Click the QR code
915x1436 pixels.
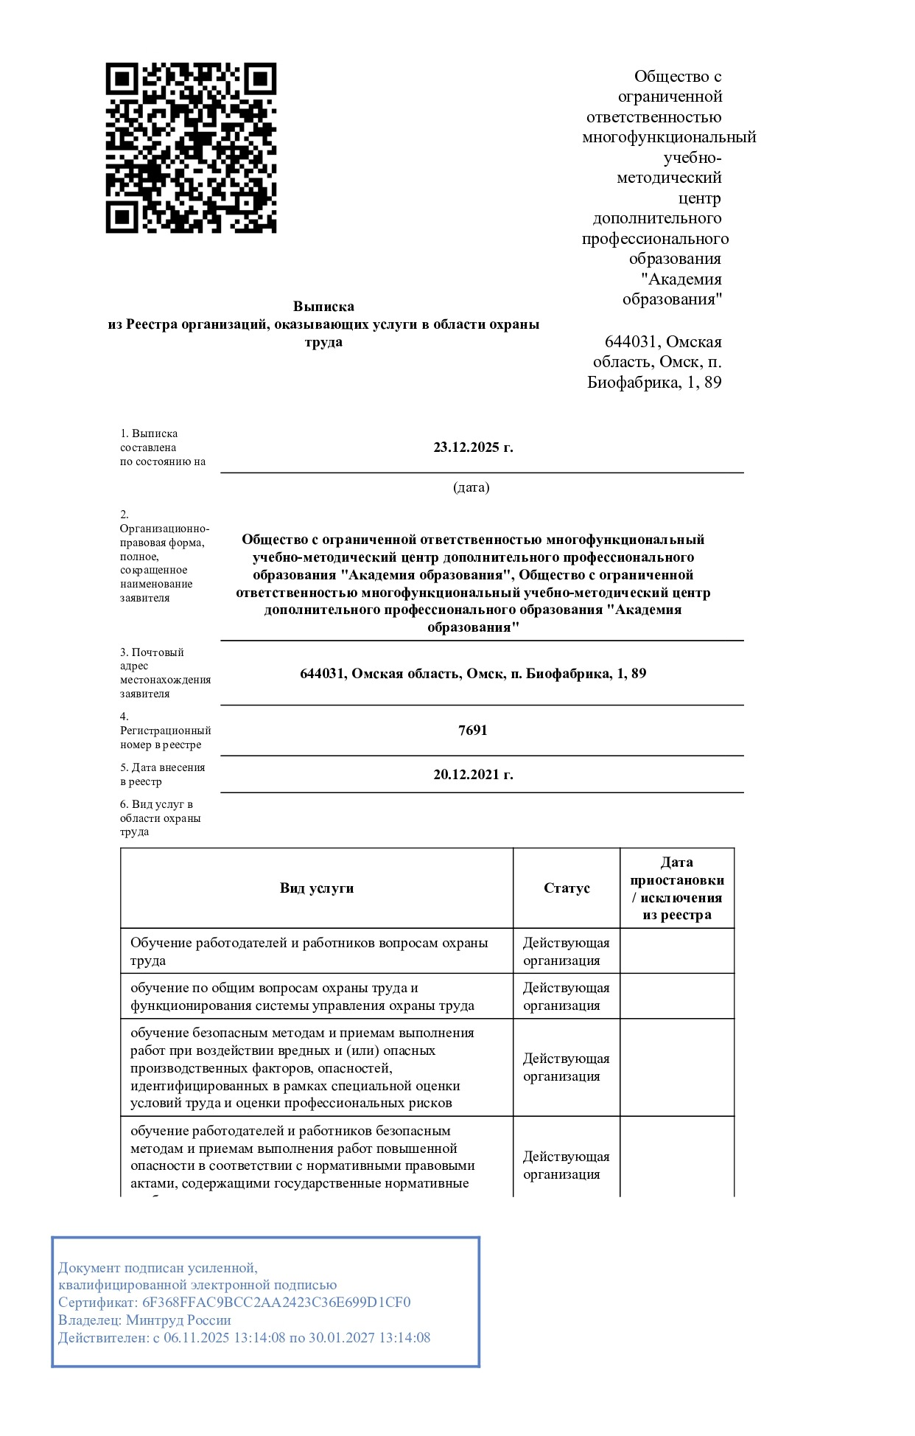191,147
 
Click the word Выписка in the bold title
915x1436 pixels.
323,306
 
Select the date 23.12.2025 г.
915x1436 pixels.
473,447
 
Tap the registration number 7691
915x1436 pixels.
473,731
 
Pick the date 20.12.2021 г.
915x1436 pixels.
473,775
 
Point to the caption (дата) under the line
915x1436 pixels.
471,487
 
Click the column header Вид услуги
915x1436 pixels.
317,888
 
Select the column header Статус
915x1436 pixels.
567,888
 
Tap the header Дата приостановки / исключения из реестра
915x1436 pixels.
677,888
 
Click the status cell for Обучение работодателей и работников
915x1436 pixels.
566,952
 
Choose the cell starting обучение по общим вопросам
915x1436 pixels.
302,997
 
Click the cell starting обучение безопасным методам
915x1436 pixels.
302,1067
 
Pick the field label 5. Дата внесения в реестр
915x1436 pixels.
162,774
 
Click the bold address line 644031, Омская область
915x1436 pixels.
473,674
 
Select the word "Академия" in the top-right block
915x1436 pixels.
681,279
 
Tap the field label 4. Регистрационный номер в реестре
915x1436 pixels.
165,731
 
